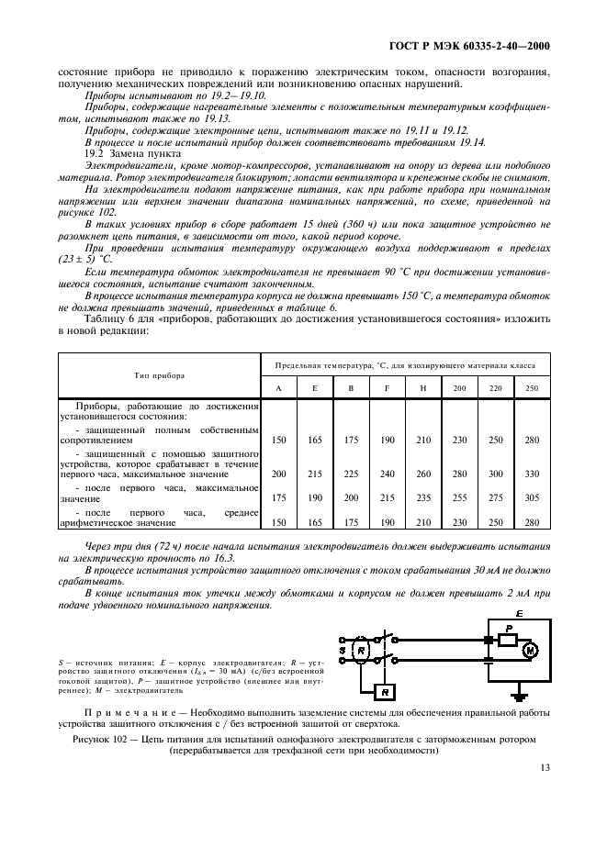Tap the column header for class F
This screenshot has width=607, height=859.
tap(388, 388)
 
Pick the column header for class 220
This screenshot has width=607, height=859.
tap(496, 388)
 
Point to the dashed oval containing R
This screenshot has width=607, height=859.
tap(363, 650)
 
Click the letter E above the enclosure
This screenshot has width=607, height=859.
tap(519, 612)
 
